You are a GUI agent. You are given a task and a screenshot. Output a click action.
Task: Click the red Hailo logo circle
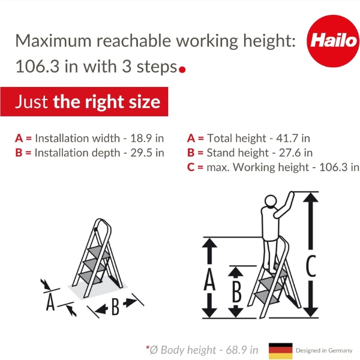pyautogui.click(x=333, y=41)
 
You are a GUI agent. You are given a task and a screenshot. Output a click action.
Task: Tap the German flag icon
pyautogui.click(x=281, y=351)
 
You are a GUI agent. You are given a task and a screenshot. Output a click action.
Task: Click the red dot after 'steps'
pyautogui.click(x=182, y=70)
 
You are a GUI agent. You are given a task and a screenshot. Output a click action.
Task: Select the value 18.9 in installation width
pyautogui.click(x=141, y=138)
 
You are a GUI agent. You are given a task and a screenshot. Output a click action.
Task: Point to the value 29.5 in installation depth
pyautogui.click(x=141, y=152)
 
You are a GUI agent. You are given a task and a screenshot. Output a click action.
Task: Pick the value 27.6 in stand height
pyautogui.click(x=290, y=152)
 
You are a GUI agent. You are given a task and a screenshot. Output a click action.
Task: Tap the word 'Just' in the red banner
pyautogui.click(x=32, y=102)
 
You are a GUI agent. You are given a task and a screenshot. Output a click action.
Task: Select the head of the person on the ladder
pyautogui.click(x=271, y=201)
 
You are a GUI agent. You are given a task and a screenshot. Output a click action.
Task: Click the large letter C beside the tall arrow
pyautogui.click(x=311, y=266)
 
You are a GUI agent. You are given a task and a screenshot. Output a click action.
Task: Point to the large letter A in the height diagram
pyautogui.click(x=209, y=280)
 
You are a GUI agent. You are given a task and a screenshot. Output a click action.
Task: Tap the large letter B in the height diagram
pyautogui.click(x=237, y=291)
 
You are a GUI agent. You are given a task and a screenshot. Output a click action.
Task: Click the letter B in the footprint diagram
pyautogui.click(x=115, y=307)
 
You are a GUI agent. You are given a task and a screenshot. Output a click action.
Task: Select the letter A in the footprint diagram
pyautogui.click(x=50, y=302)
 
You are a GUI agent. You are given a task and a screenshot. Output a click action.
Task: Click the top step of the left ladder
pyautogui.click(x=99, y=252)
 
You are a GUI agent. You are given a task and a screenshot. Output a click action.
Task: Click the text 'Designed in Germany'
pyautogui.click(x=324, y=350)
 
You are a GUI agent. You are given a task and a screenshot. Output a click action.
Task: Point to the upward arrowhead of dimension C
pyautogui.click(x=311, y=197)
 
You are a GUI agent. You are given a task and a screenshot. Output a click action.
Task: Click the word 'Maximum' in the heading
pyautogui.click(x=53, y=41)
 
